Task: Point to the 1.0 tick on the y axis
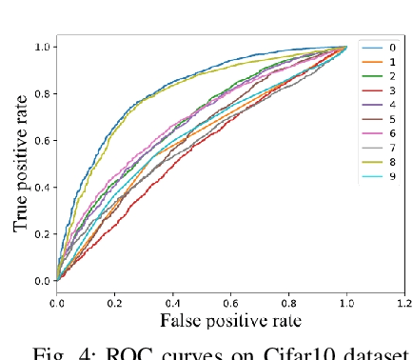click(x=41, y=47)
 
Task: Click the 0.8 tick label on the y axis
click(x=41, y=93)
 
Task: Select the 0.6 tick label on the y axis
click(x=41, y=140)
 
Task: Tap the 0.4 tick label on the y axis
click(x=41, y=188)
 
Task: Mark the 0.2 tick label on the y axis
click(x=41, y=234)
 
